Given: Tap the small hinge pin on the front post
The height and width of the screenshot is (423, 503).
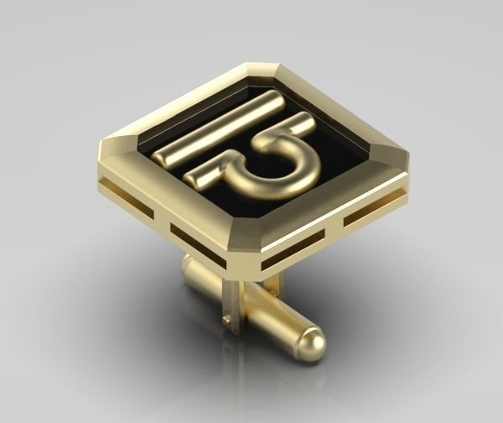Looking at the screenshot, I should [x=226, y=319].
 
